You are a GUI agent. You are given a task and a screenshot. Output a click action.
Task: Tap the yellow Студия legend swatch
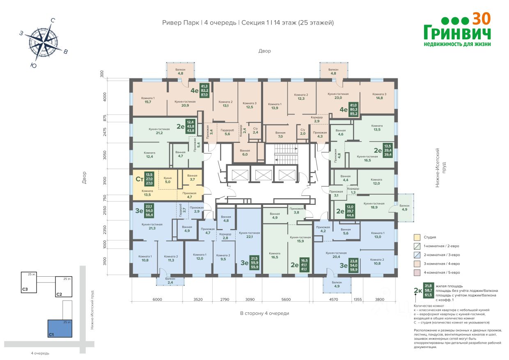[x=417, y=237]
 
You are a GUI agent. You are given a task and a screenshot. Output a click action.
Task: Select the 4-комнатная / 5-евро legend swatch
[x=417, y=272]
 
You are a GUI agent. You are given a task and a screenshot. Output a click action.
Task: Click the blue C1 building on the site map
[x=60, y=329]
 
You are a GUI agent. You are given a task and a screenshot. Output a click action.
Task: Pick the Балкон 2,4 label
[x=170, y=281]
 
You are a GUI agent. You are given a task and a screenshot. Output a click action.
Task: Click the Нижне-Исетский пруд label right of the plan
[x=440, y=168]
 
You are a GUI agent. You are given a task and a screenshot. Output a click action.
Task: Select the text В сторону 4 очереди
[x=265, y=313]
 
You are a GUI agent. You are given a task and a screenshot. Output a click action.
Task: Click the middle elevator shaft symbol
[x=261, y=175]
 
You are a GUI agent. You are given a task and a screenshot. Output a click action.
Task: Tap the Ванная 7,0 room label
[x=280, y=134]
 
